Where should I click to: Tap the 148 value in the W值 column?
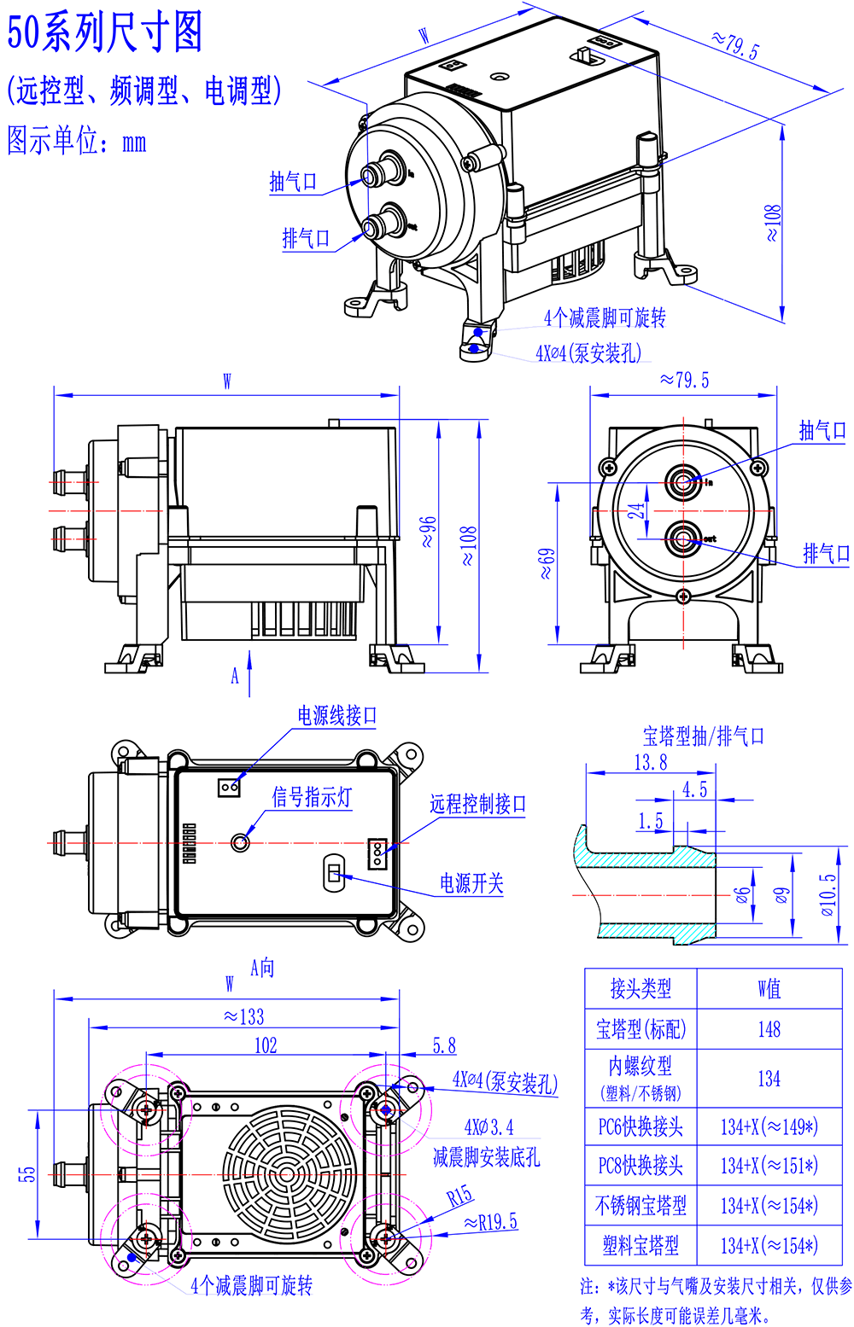coord(769,1029)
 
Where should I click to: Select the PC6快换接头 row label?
coord(640,1126)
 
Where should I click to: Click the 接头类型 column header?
coord(640,988)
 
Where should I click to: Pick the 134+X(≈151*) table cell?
coord(769,1166)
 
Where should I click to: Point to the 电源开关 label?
coord(471,883)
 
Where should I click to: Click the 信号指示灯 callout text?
coord(312,797)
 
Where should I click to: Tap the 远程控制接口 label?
coord(477,804)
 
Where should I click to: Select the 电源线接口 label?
coord(336,715)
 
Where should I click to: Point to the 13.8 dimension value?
coord(650,762)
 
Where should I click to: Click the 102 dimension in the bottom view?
coord(266,1045)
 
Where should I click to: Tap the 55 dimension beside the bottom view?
coord(27,1174)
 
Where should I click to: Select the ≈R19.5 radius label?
coord(490,1222)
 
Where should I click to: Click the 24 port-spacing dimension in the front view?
coord(637,511)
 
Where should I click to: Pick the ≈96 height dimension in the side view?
coord(429,531)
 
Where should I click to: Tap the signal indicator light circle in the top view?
coord(240,843)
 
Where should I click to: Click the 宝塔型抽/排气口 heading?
coord(703,736)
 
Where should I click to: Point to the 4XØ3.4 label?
coord(488,1127)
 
